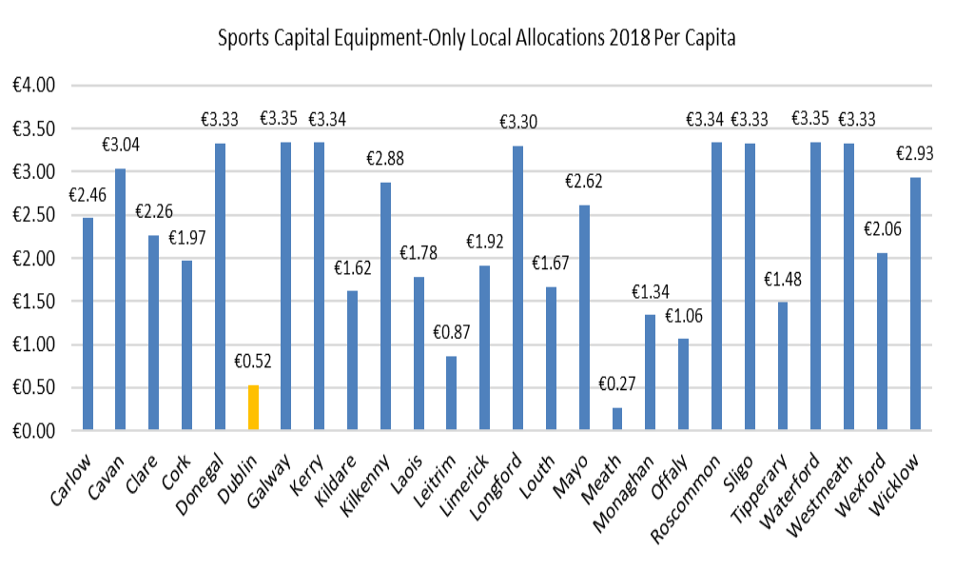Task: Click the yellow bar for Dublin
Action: pos(253,408)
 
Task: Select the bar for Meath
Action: pos(617,420)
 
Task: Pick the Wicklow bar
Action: pos(915,305)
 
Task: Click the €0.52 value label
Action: pos(253,363)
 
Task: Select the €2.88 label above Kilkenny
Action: pos(386,159)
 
